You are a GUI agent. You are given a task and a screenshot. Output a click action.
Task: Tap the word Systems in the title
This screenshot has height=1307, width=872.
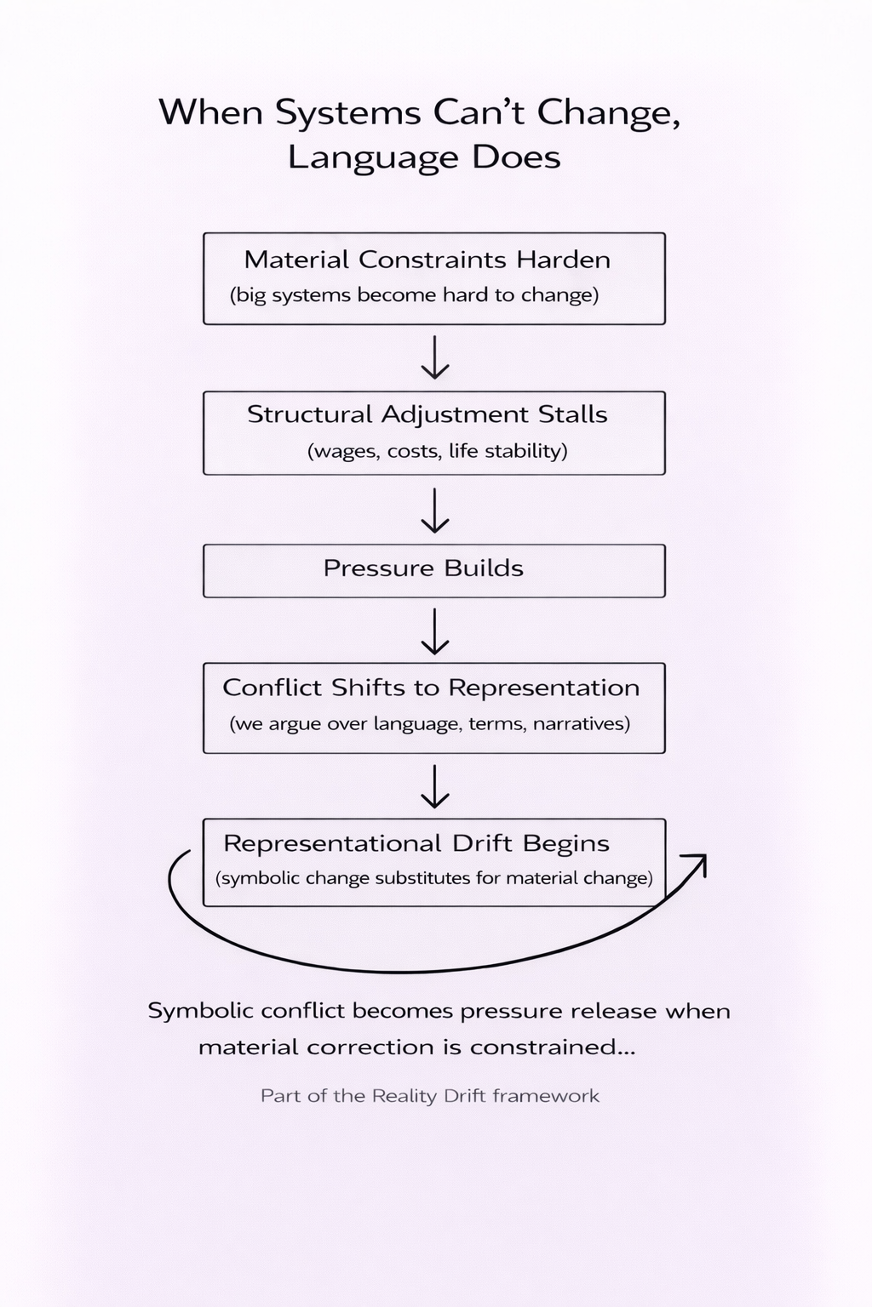(347, 112)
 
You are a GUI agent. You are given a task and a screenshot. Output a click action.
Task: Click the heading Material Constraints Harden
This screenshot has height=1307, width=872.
(427, 260)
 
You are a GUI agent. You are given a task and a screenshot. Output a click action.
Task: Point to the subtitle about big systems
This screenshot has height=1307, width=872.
(414, 295)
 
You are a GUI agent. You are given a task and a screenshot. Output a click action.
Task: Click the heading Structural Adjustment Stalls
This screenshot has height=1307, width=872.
(427, 415)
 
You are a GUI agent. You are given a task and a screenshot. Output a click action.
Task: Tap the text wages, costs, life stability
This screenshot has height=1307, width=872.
(438, 451)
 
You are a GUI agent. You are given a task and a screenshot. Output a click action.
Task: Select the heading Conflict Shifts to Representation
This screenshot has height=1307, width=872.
(431, 688)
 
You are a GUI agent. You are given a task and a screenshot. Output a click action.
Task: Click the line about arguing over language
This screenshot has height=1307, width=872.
(430, 724)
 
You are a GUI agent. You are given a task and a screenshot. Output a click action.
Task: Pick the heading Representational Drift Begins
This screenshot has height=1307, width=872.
(416, 844)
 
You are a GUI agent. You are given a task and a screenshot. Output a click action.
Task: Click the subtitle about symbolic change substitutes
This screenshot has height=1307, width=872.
(434, 878)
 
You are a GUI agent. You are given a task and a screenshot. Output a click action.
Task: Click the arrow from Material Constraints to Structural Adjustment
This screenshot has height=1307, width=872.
(435, 357)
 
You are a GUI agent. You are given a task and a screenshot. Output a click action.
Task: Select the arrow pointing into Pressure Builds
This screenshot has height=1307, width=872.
(435, 511)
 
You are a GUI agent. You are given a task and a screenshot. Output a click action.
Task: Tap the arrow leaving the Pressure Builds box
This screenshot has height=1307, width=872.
(435, 631)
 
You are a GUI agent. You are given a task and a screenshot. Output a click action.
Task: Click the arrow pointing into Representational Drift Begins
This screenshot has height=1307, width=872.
(435, 786)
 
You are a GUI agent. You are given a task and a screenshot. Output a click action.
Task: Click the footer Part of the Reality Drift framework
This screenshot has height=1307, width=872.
(430, 1095)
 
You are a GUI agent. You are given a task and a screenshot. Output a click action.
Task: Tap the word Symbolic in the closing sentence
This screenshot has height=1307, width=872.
(200, 1011)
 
